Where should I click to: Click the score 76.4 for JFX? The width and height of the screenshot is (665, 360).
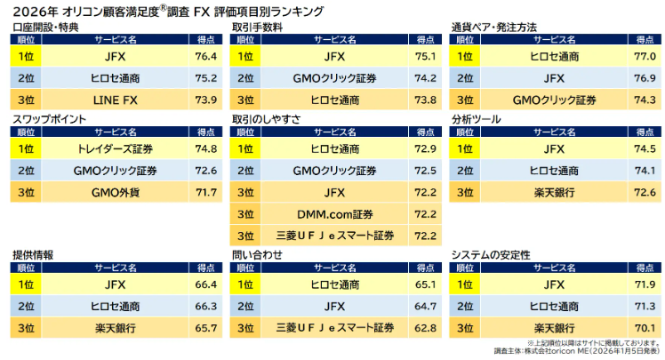(205, 56)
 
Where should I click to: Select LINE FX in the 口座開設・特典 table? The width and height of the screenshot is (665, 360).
(108, 100)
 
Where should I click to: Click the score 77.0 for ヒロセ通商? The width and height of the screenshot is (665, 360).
(645, 56)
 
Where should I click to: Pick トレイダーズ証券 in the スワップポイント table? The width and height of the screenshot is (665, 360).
(108, 148)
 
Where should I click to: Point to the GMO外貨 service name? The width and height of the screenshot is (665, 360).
(108, 191)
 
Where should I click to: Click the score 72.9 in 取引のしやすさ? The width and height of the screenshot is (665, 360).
(425, 148)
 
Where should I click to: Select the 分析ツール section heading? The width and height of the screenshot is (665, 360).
(477, 118)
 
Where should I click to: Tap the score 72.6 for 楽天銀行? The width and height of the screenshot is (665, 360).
(645, 191)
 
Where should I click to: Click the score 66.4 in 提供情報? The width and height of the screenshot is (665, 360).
(205, 284)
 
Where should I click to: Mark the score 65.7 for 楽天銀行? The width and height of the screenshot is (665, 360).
(205, 328)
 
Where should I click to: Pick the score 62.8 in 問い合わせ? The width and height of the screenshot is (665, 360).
(425, 328)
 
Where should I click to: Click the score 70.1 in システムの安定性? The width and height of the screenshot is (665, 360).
(645, 328)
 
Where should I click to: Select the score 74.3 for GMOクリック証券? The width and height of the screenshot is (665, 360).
(645, 100)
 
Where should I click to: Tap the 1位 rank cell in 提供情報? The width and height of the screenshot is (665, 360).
(26, 284)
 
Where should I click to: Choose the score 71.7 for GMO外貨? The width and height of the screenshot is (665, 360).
(205, 191)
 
